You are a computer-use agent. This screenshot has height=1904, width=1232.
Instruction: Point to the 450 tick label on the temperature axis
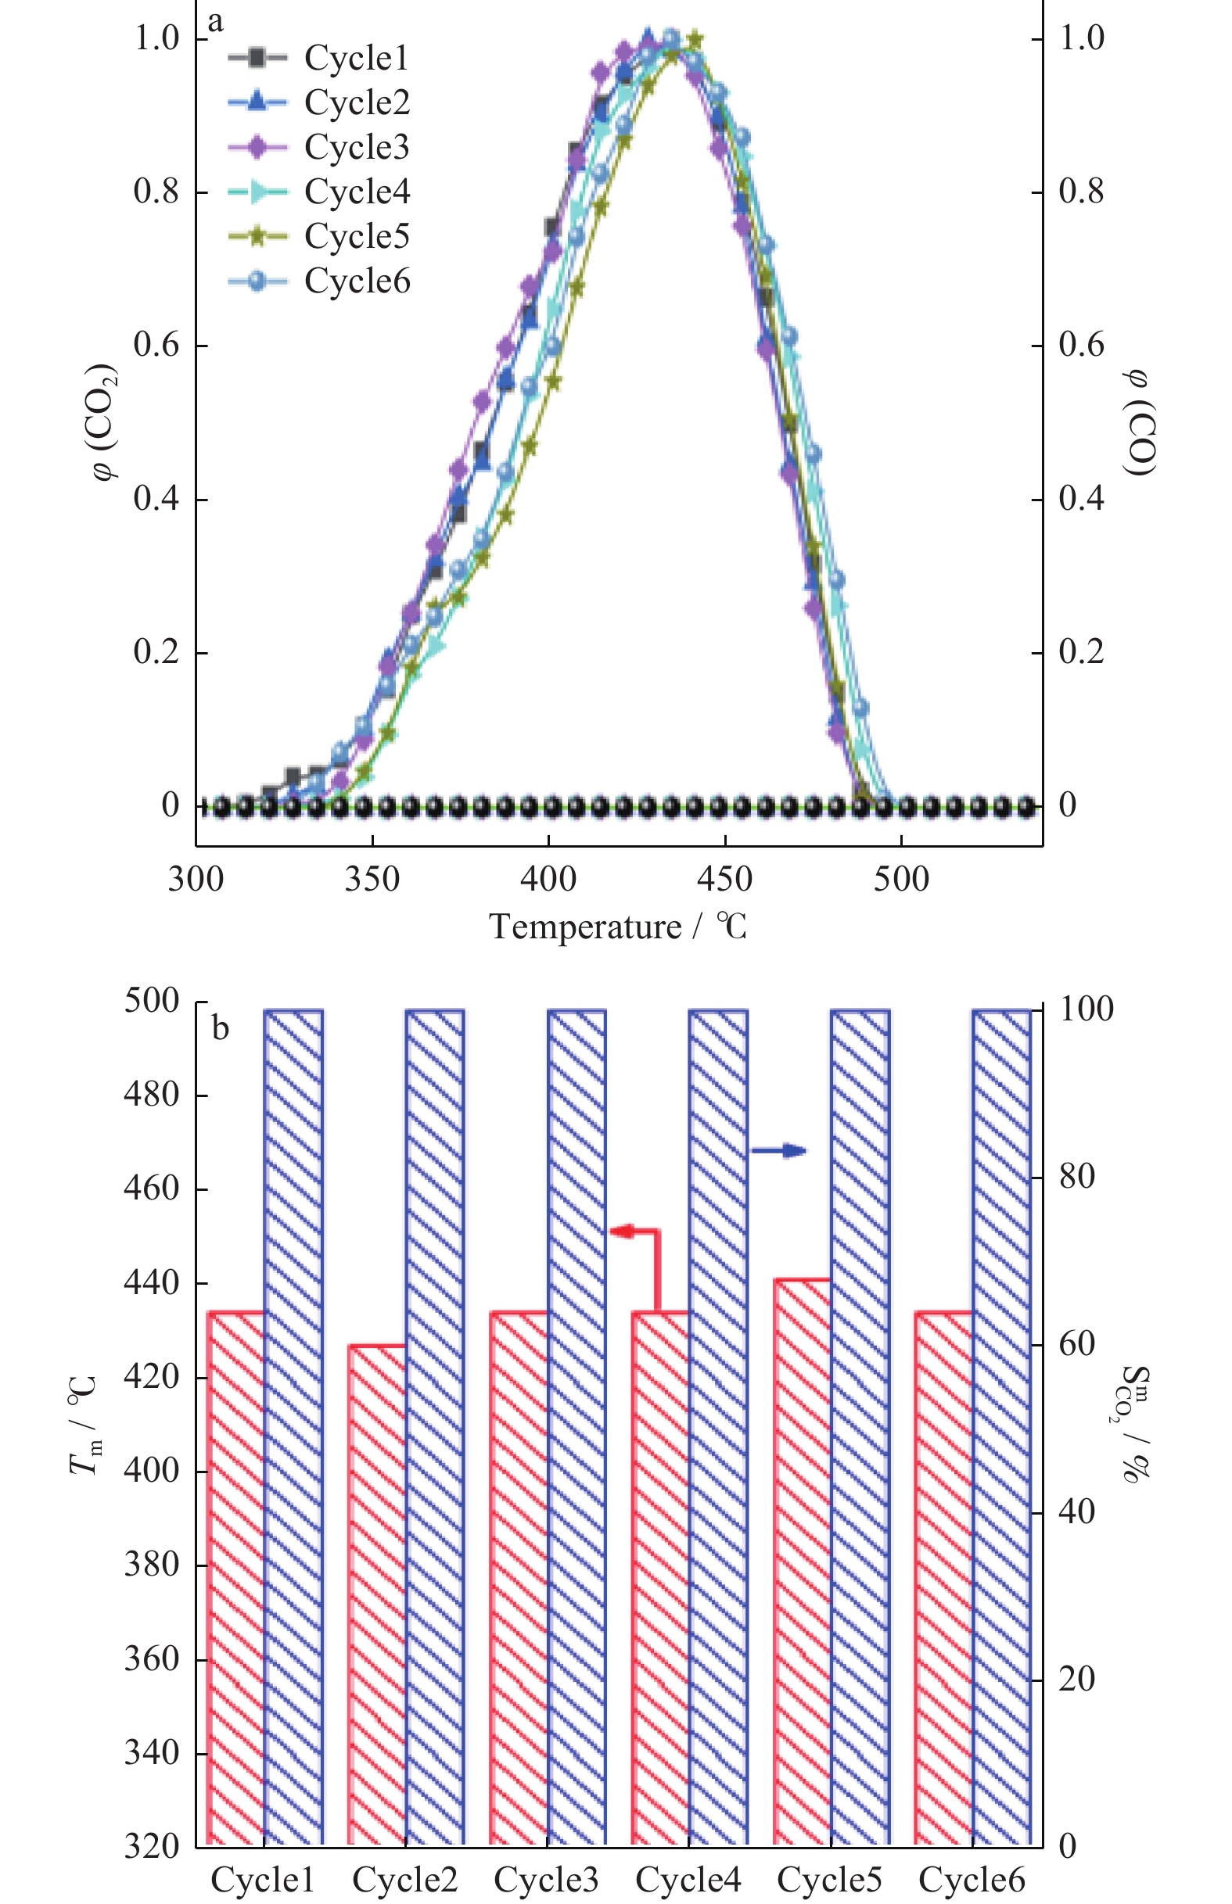click(x=724, y=880)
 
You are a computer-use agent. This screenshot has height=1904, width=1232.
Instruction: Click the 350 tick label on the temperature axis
click(x=372, y=880)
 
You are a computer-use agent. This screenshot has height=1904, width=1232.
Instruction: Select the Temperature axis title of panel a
click(x=618, y=927)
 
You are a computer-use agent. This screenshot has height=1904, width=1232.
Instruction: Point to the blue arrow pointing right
click(x=779, y=1151)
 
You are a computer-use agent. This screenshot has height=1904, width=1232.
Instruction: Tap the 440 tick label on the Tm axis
click(x=151, y=1283)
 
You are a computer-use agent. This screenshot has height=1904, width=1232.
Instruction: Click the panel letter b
click(x=220, y=1028)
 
